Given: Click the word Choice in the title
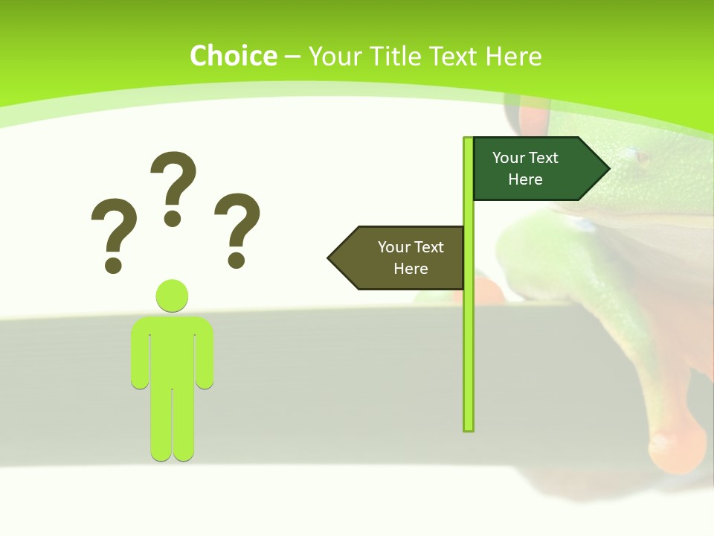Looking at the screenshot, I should tap(233, 56).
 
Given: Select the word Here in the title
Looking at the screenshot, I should tap(513, 56).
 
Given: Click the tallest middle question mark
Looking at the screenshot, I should tap(173, 179).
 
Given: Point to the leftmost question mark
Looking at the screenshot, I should tap(114, 227).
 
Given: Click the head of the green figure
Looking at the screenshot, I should tap(172, 296).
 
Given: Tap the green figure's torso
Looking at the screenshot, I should tap(172, 350).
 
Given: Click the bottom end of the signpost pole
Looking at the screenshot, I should tap(469, 427).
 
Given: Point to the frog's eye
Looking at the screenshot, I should tap(641, 158).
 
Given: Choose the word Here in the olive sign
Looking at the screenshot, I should tap(411, 269).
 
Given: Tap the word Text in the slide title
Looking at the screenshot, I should tap(454, 56).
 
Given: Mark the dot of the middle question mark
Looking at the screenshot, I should tap(173, 218).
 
